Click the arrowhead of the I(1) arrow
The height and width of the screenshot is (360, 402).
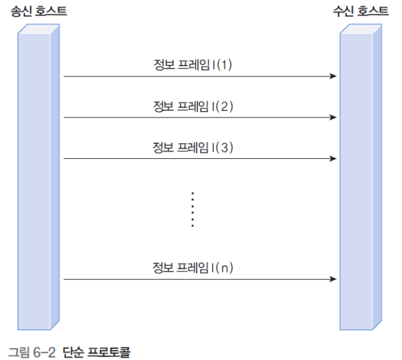[333, 77]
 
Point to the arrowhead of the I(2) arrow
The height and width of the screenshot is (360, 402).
[333, 117]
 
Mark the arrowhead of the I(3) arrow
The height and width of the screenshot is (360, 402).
[333, 158]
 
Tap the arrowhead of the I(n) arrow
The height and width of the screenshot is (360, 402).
[333, 279]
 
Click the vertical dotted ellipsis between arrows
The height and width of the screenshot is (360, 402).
[193, 209]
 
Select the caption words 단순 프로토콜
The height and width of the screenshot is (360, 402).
[97, 352]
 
